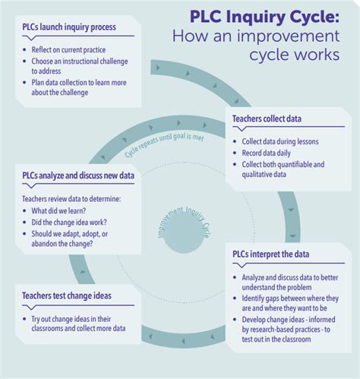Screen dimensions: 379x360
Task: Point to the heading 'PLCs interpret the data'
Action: [x=277, y=254]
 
